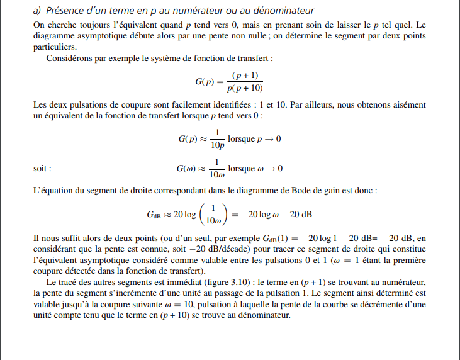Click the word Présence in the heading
(65, 11)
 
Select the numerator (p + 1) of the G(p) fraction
(245, 76)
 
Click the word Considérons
(69, 59)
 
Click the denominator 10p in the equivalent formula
(216, 145)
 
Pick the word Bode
(302, 189)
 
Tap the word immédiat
(172, 281)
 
